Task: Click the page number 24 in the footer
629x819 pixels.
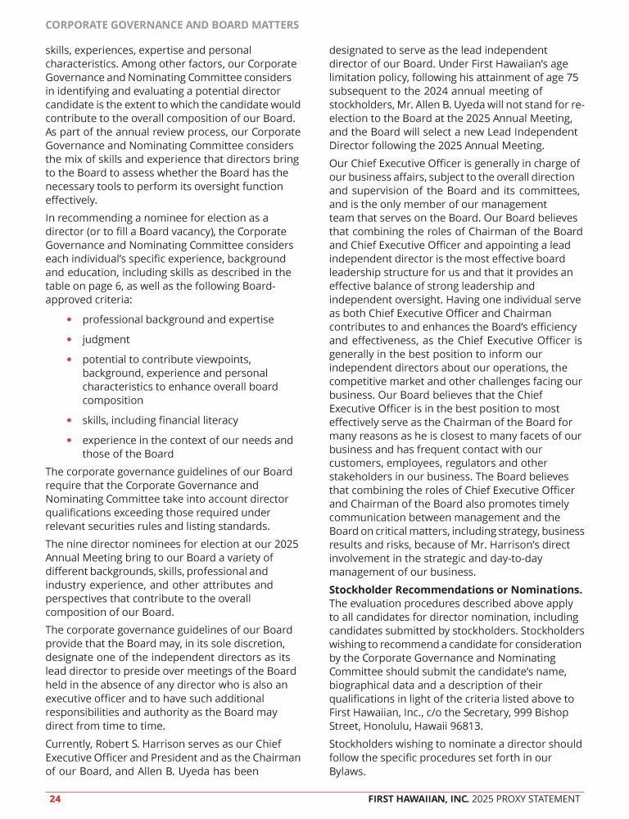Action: tap(54, 799)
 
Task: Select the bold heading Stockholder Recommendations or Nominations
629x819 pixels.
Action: tap(455, 590)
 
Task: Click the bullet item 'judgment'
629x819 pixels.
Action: tap(106, 339)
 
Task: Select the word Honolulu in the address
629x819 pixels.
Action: tap(390, 726)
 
